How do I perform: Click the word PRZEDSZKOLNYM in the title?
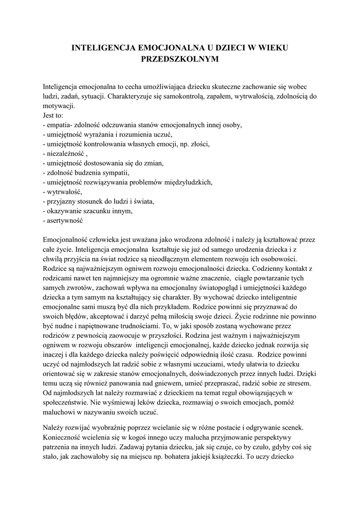click(x=180, y=59)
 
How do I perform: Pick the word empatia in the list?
click(x=58, y=125)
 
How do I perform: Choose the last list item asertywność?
click(x=65, y=220)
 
